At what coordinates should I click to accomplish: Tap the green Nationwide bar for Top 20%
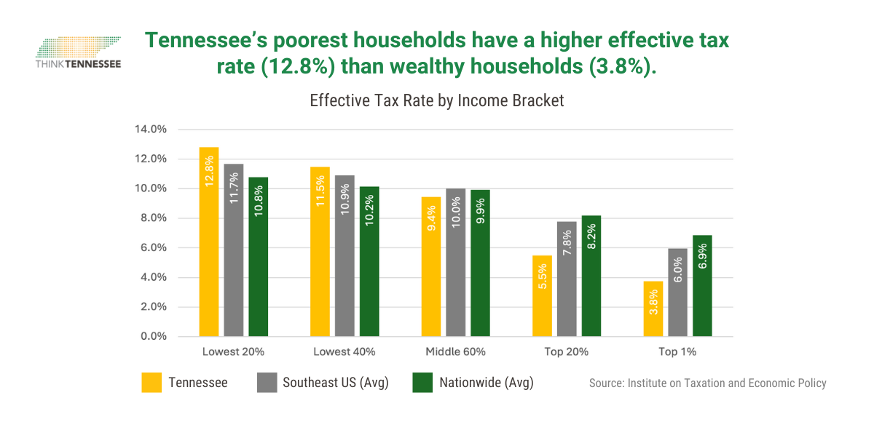(591, 276)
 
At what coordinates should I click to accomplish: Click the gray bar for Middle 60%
(456, 263)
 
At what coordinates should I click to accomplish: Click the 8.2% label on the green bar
(591, 236)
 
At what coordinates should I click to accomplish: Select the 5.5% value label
(543, 276)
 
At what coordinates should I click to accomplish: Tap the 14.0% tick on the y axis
(151, 130)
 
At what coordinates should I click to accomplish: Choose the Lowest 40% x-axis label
(345, 352)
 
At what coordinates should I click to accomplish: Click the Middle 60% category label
(456, 352)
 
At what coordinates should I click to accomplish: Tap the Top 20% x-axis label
(567, 352)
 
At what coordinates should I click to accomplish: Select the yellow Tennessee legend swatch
(151, 383)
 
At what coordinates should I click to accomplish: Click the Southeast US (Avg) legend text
(336, 383)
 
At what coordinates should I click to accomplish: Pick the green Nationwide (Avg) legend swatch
(422, 383)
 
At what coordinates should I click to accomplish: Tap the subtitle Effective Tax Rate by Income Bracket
(437, 101)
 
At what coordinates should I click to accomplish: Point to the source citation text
(707, 383)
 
